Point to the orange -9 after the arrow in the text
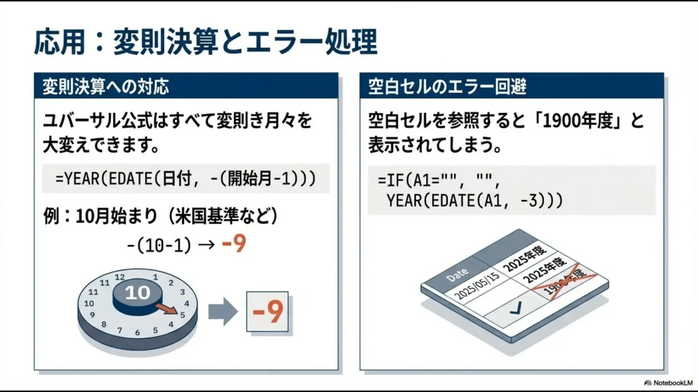pyautogui.click(x=234, y=243)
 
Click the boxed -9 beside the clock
pyautogui.click(x=267, y=313)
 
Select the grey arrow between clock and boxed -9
pyautogui.click(x=222, y=312)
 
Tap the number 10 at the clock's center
pyautogui.click(x=137, y=293)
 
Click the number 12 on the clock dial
pyautogui.click(x=121, y=277)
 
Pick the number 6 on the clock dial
pyautogui.click(x=137, y=333)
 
